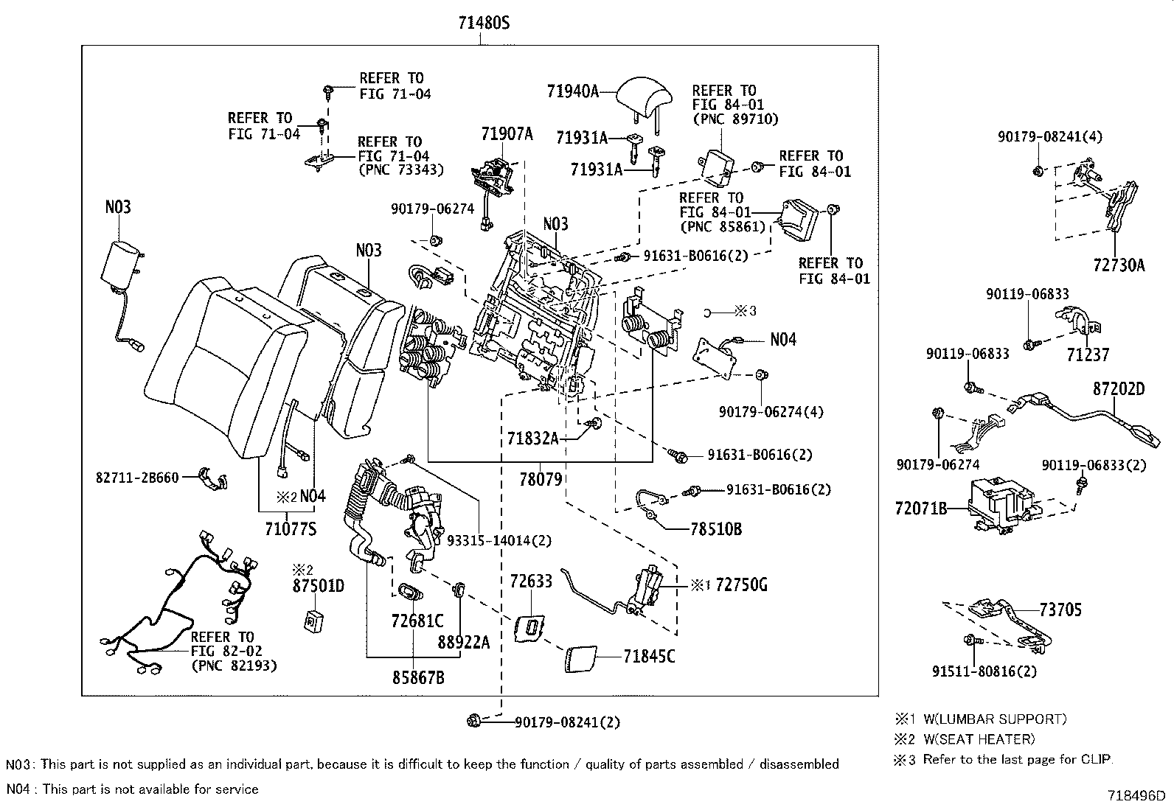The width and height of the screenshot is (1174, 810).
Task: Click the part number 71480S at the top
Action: (484, 23)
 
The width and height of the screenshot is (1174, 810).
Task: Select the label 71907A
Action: (507, 134)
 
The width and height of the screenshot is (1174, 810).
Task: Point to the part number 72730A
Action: (1119, 265)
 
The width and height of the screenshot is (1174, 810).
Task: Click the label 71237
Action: (1087, 355)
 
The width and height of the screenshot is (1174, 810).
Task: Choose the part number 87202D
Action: (1118, 388)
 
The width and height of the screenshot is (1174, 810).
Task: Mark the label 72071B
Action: (920, 509)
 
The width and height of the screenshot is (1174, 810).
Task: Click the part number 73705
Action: (1061, 610)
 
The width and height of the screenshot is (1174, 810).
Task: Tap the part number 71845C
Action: (649, 655)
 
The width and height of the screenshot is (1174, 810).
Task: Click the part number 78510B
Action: (716, 528)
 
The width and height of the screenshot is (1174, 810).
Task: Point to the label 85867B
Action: (417, 677)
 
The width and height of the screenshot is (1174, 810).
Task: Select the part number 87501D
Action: (318, 586)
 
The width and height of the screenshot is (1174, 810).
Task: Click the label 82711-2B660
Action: (137, 478)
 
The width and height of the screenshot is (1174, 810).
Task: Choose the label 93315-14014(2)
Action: (499, 540)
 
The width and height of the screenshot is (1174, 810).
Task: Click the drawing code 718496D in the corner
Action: (1136, 796)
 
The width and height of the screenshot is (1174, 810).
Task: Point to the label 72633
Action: (531, 582)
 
